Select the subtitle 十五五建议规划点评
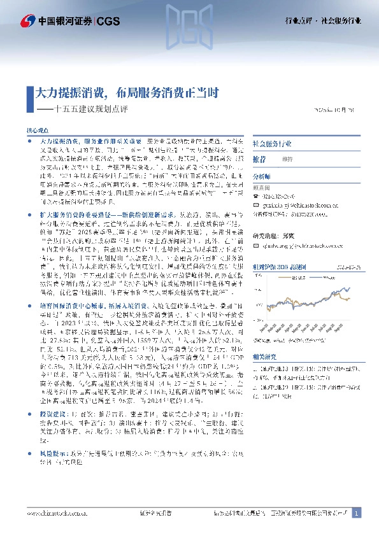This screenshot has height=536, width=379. point(92,109)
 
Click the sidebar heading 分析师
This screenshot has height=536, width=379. point(262,176)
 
